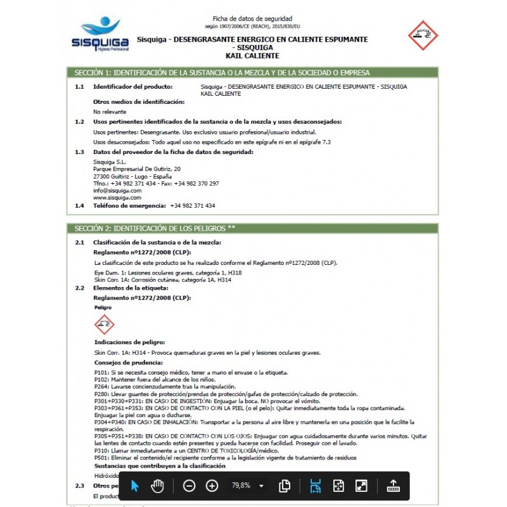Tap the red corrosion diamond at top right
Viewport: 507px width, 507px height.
(x=423, y=35)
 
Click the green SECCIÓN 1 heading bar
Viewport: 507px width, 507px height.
(x=252, y=72)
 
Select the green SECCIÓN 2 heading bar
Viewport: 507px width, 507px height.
(x=252, y=228)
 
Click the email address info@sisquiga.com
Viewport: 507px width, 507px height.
(x=117, y=190)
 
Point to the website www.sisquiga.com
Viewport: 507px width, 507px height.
(x=117, y=197)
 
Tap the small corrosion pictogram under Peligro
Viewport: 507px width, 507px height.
(x=104, y=325)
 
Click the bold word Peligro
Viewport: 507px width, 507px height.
(x=103, y=307)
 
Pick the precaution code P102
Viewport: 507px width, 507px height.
(x=101, y=379)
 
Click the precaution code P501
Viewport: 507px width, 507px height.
(x=101, y=458)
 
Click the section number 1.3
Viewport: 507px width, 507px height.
(x=79, y=152)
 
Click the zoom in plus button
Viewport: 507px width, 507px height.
(x=212, y=486)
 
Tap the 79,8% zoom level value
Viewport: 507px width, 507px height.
(x=241, y=486)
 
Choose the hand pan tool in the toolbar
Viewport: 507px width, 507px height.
(x=157, y=486)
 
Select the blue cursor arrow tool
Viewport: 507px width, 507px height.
(x=134, y=486)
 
